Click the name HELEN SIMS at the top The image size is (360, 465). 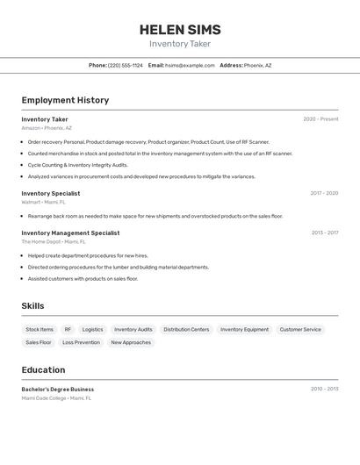pos(180,29)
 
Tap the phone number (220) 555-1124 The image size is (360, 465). pos(125,65)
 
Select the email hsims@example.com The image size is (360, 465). pos(190,65)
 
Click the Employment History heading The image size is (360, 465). pos(65,100)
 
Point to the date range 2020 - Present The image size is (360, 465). pos(320,119)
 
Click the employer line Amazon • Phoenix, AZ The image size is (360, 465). pos(47,128)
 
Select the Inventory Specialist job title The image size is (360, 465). pos(50,193)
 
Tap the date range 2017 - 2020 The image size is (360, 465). pos(324,193)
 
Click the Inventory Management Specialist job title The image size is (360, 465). pos(70,232)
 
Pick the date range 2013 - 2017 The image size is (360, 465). pos(324,232)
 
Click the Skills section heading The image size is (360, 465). pos(32,306)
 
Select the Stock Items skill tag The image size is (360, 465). pos(40,330)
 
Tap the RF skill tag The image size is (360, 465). pos(68,330)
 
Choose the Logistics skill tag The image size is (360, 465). pos(92,330)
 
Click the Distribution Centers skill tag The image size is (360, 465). pos(186,330)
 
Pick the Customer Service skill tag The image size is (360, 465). pos(300,330)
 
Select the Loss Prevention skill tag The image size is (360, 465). pos(81,343)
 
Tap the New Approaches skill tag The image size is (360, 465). pos(131,343)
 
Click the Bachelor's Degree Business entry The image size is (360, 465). pos(57,389)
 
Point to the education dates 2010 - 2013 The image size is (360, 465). pos(324,389)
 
